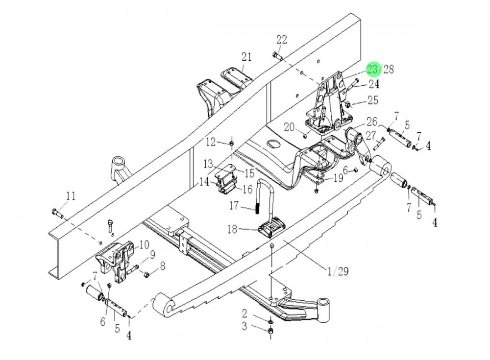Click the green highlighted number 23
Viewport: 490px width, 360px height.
[373, 69]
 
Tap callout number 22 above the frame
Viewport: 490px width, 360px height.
[281, 40]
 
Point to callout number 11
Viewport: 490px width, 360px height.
[71, 196]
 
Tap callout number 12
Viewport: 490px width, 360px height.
[211, 142]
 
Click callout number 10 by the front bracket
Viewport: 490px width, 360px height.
[145, 244]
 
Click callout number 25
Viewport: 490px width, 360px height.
[373, 100]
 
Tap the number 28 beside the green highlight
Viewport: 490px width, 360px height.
[389, 69]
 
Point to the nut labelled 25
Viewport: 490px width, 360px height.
[347, 104]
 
